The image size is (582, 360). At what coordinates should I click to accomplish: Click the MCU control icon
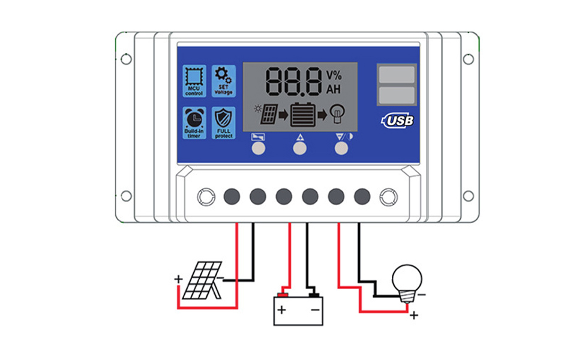click(194, 81)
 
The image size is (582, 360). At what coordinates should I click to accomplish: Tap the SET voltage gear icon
click(223, 81)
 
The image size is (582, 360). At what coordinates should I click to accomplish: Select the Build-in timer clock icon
click(194, 123)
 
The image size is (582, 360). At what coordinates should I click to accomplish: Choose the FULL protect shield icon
click(223, 123)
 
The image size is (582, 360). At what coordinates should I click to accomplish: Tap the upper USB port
click(396, 74)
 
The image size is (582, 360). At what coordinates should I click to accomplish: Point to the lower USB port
click(396, 94)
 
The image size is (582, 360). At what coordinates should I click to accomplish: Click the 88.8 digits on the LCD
click(293, 81)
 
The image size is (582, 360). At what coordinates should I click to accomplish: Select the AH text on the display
click(334, 89)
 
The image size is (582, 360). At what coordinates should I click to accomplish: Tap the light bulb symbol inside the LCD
click(339, 113)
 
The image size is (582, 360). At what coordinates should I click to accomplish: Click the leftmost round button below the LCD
click(259, 148)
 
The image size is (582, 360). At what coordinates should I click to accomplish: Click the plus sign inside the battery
click(281, 310)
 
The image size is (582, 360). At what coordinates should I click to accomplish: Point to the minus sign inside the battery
click(314, 310)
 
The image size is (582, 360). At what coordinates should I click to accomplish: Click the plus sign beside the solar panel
click(178, 279)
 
